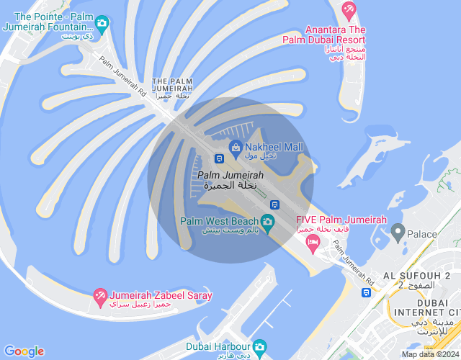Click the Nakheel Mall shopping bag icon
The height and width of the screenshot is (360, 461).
(235, 148)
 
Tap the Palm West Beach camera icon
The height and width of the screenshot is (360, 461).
(268, 220)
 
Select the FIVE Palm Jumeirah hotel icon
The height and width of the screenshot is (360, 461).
(313, 246)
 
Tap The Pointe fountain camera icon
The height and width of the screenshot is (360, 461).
(102, 23)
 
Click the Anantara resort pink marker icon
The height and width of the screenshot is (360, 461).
(349, 11)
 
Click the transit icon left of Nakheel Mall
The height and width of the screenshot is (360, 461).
(218, 158)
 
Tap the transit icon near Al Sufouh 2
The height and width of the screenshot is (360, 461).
(366, 292)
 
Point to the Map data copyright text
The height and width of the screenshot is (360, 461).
(430, 354)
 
